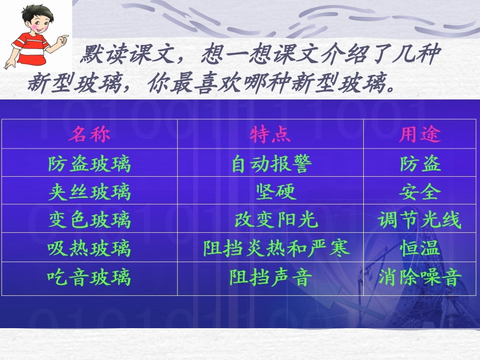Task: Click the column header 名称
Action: coord(89,134)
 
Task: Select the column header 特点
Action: coord(270,134)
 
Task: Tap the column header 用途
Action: coord(419,134)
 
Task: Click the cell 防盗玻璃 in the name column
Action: coord(89,164)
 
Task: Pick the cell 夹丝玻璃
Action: coord(89,192)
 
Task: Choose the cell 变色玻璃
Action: coord(89,220)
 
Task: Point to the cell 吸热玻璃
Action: coord(89,248)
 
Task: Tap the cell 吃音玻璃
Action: coord(89,277)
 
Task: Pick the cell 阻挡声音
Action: coord(271,277)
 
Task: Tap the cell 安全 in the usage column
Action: coord(419,192)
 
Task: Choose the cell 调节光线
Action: coord(419,220)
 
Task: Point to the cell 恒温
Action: coord(419,248)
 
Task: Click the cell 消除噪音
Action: coord(419,277)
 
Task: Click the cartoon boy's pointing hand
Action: coord(63,39)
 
